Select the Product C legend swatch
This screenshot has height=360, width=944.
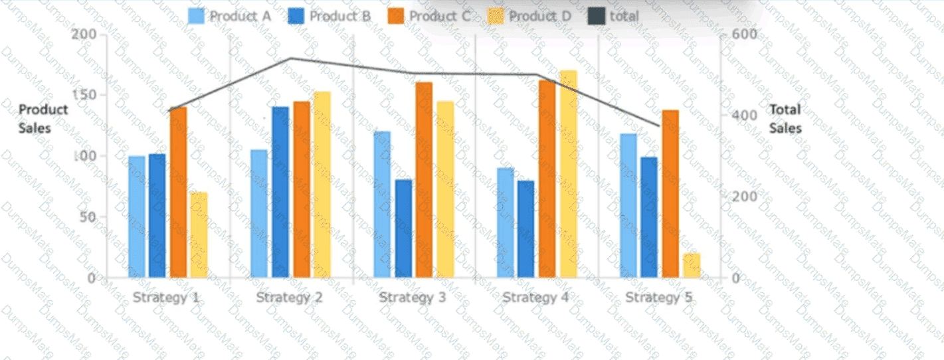point(396,16)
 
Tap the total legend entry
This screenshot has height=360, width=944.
point(614,16)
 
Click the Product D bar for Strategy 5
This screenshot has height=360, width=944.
point(692,265)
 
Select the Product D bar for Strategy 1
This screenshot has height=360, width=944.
point(199,234)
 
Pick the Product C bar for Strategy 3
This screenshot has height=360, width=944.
point(424,179)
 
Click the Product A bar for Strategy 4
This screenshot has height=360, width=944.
point(506,223)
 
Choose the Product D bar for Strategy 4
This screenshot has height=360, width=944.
point(569,173)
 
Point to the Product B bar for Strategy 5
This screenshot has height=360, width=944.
point(649,217)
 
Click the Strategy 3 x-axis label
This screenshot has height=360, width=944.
point(413,297)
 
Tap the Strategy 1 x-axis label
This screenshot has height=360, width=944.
point(166,297)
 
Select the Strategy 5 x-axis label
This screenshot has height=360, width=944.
point(658,297)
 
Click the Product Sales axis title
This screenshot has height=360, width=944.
point(43,118)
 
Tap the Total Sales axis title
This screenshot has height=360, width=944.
point(785,118)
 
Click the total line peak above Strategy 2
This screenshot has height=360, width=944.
point(291,58)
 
